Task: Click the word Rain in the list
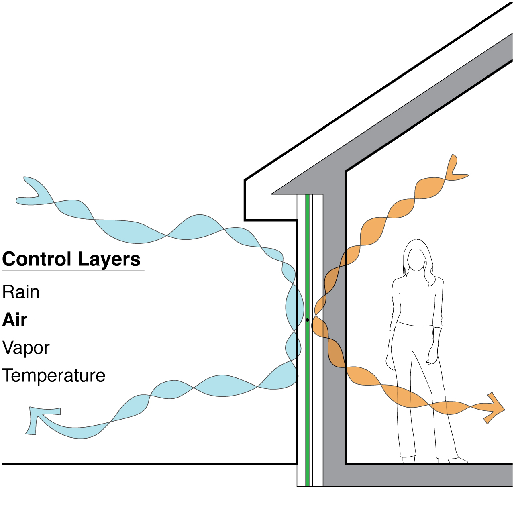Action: (21, 292)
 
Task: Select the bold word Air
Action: (15, 320)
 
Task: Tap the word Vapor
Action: (26, 348)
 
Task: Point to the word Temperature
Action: (54, 376)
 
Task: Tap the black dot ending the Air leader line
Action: (307, 320)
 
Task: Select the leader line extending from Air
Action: (161, 320)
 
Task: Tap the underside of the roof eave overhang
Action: (271, 220)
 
